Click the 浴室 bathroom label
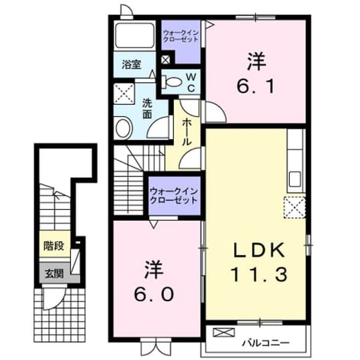(x=131, y=65)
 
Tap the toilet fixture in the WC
(x=172, y=82)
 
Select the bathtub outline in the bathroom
(x=134, y=35)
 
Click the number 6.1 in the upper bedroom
(x=256, y=86)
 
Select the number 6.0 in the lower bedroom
(x=154, y=294)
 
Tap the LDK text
(x=259, y=250)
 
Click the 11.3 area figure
(x=259, y=274)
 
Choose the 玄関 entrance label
(x=54, y=274)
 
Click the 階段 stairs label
(x=54, y=246)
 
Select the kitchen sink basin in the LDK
(x=295, y=179)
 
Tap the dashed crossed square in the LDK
(x=294, y=207)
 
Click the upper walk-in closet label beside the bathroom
(x=181, y=36)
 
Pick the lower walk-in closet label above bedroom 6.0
(x=174, y=196)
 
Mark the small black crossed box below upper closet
(x=166, y=61)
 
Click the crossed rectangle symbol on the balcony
(x=224, y=333)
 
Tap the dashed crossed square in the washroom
(x=124, y=94)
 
